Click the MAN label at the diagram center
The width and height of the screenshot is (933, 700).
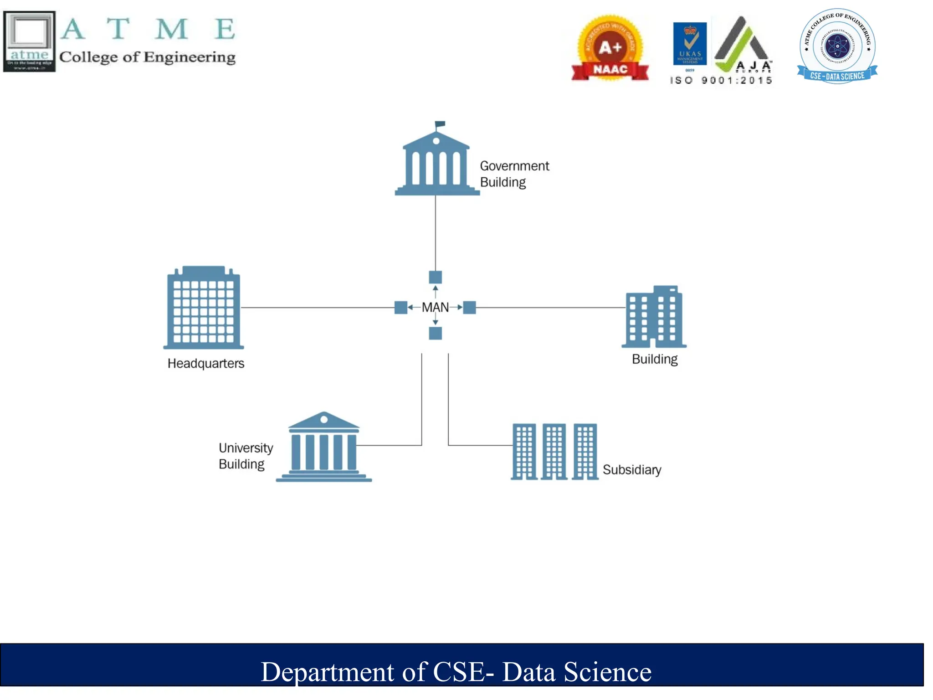(435, 308)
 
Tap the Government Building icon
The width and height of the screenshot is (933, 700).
(436, 164)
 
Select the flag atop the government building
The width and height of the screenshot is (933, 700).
(440, 124)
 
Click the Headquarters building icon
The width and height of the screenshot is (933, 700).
(204, 308)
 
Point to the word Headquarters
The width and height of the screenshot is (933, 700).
(206, 364)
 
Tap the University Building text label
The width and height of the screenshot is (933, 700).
(245, 456)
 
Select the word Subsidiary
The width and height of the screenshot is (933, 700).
(632, 470)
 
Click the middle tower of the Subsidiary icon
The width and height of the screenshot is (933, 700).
(554, 452)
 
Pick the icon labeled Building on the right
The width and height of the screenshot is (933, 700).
(654, 317)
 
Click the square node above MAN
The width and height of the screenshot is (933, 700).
(436, 277)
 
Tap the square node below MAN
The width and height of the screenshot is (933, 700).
(436, 334)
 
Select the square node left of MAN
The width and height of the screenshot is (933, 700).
(401, 308)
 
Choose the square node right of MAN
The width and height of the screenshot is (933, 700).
(470, 308)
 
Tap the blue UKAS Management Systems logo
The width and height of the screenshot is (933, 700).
(690, 44)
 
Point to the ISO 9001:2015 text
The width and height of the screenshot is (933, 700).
(721, 81)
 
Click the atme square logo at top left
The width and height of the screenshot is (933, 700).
(30, 41)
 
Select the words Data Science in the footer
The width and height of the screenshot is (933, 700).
(577, 672)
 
